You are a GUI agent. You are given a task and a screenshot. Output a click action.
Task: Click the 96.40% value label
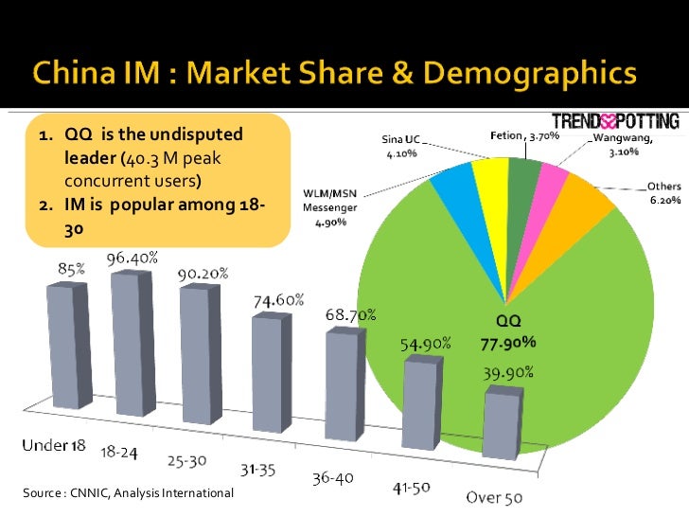pos(132,258)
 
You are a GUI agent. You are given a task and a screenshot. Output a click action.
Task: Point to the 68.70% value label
pos(351,313)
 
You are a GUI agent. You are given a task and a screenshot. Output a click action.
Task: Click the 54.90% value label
pos(423,343)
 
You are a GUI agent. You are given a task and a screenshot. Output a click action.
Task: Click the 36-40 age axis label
pos(333,478)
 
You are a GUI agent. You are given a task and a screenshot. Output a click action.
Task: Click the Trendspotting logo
pos(614,122)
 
